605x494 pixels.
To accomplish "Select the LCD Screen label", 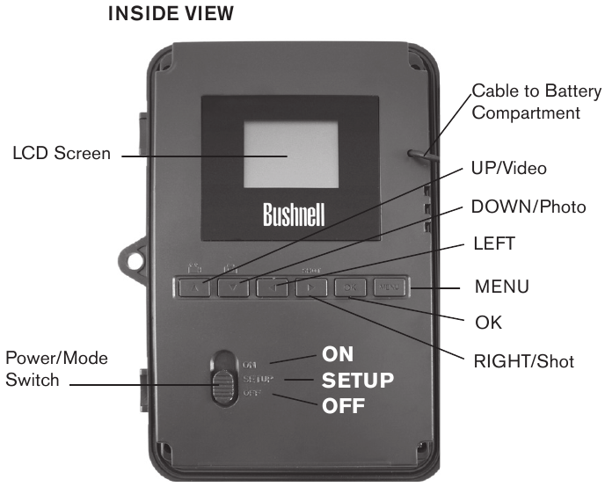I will tap(62, 154).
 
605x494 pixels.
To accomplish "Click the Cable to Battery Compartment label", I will tap(536, 102).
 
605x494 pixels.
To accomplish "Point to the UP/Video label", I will tap(514, 167).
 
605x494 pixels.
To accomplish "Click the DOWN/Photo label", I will tap(528, 207).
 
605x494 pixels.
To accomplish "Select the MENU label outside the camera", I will tap(501, 287).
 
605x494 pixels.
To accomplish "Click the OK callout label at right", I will tap(488, 323).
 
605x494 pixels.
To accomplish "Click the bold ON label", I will tap(339, 355).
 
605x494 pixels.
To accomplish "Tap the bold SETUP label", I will tap(357, 381).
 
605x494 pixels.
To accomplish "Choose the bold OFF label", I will tap(343, 407).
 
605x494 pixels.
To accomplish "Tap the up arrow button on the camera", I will tap(195, 287).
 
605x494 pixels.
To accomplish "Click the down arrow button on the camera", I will tap(234, 287).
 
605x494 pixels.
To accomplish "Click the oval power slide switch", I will tap(223, 378).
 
